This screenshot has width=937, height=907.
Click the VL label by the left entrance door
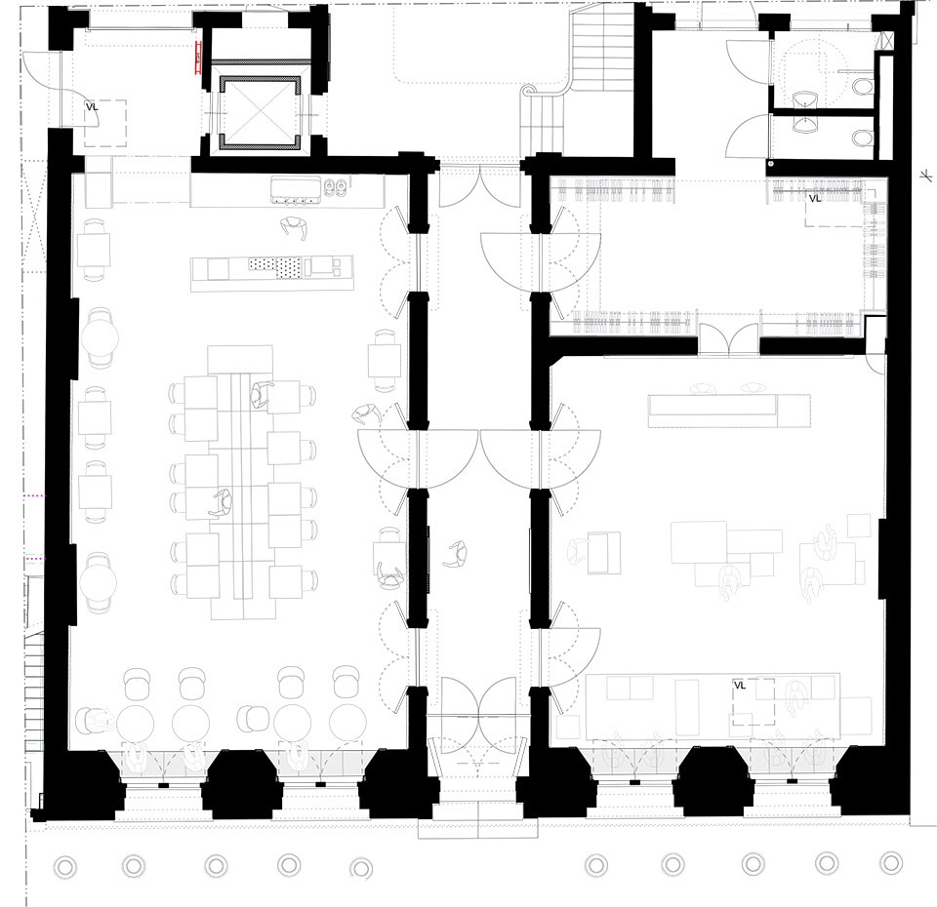click(x=92, y=107)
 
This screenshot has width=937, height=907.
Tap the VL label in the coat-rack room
click(x=814, y=198)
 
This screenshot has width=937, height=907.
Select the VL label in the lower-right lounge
click(x=740, y=686)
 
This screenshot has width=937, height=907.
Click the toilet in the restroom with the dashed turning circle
click(x=862, y=87)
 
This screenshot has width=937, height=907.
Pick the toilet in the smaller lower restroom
click(x=862, y=138)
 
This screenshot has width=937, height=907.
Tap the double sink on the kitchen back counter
click(x=336, y=187)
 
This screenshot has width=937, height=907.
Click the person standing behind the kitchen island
click(x=294, y=228)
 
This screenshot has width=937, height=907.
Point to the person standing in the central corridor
click(x=456, y=554)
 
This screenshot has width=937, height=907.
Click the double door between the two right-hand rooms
click(x=728, y=339)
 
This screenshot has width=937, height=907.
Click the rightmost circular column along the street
click(x=891, y=863)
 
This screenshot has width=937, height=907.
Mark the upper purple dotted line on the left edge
click(x=34, y=495)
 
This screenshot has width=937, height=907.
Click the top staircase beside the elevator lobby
click(x=602, y=52)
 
